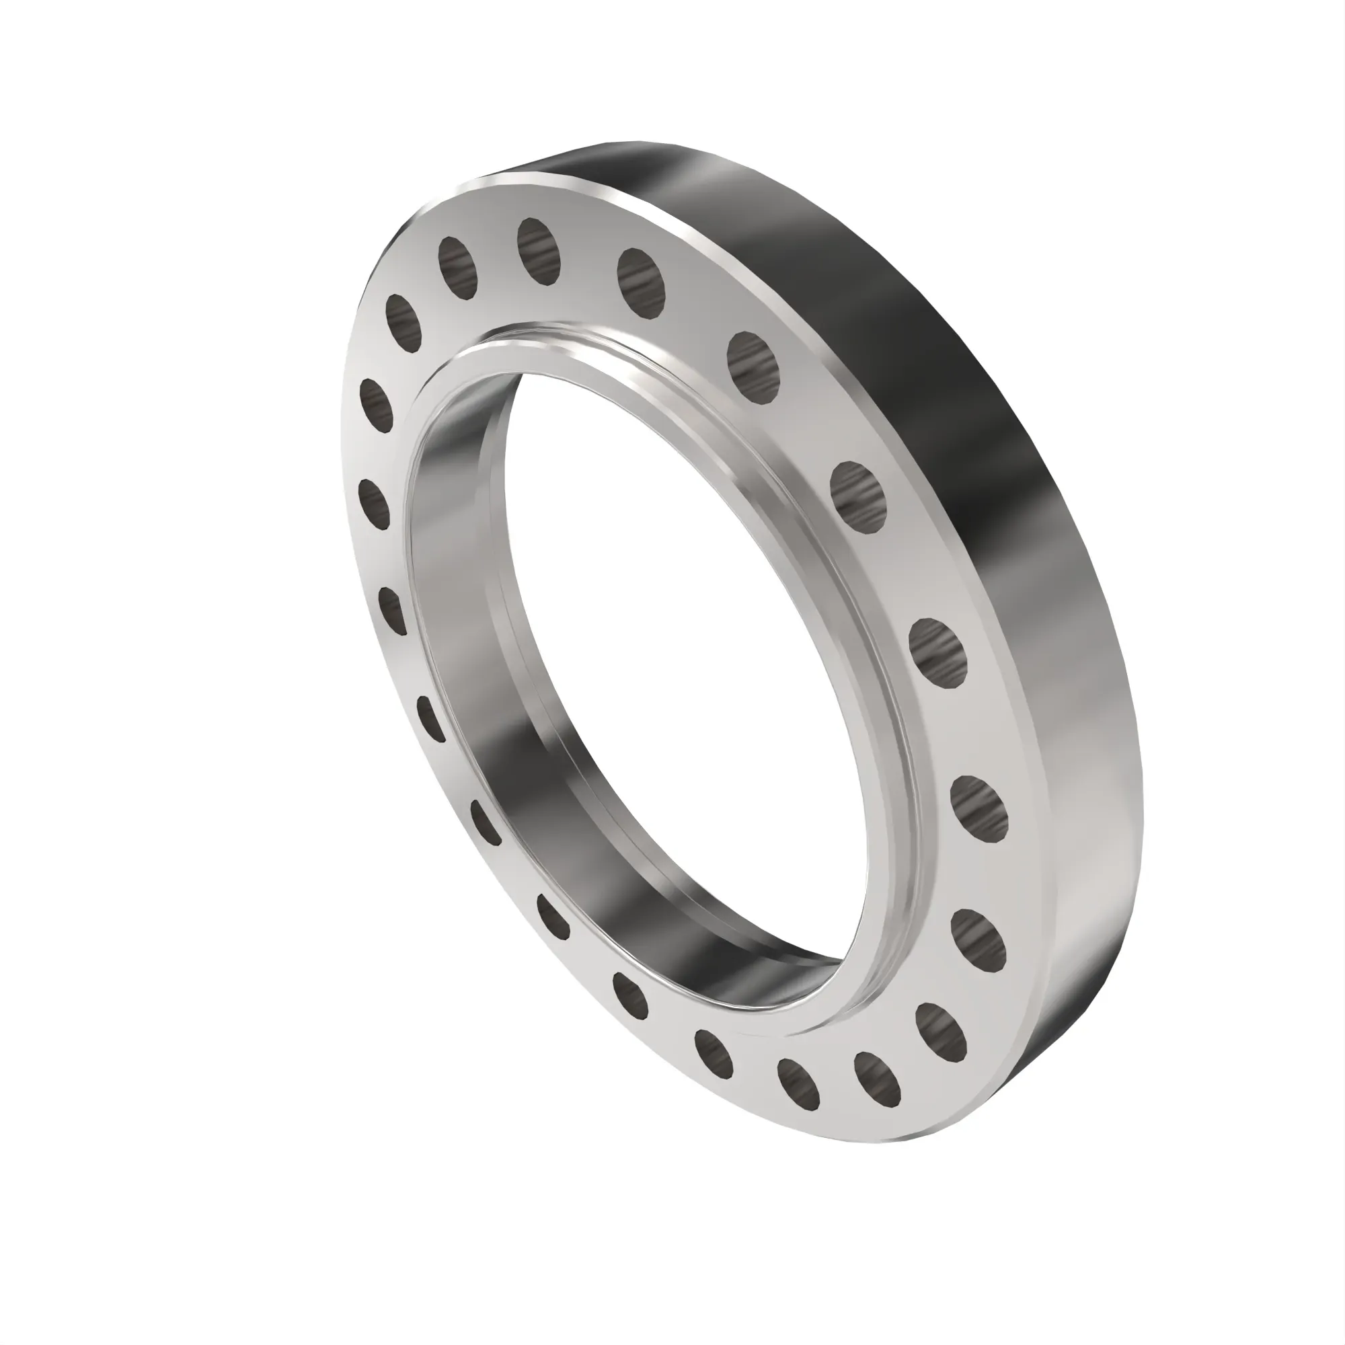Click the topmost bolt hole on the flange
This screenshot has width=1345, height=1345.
[x=539, y=251]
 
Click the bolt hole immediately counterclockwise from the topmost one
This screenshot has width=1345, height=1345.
[x=457, y=268]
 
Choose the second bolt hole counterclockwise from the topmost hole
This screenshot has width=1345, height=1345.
[x=403, y=321]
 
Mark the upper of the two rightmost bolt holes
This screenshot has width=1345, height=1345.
[x=978, y=808]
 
